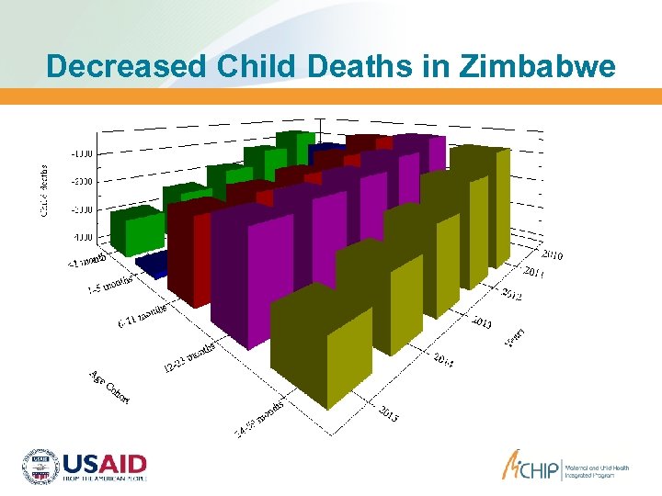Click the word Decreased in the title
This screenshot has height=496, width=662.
tap(123, 66)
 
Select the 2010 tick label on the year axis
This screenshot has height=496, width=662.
tap(553, 254)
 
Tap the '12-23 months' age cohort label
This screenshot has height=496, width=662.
tap(189, 358)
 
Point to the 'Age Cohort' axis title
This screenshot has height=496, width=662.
tap(109, 386)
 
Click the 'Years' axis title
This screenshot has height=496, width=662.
tap(515, 337)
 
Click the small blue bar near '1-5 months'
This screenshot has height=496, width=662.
tap(152, 265)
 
